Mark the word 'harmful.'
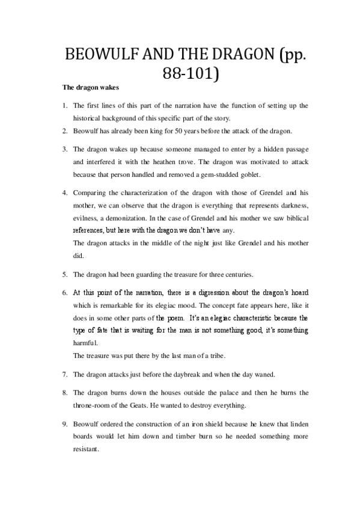[x=84, y=343]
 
